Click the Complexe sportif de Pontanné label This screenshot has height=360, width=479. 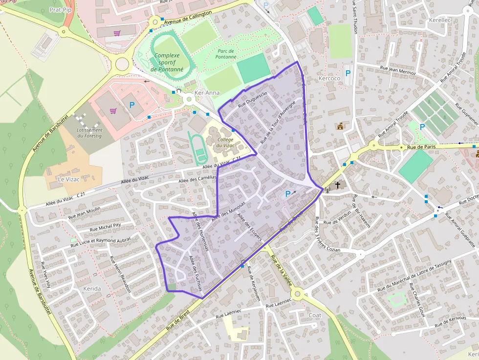pyautogui.click(x=167, y=63)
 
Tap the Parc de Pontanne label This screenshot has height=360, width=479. pyautogui.click(x=226, y=54)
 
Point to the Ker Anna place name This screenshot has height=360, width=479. pyautogui.click(x=207, y=93)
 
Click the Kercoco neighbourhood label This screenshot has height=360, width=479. pyautogui.click(x=329, y=79)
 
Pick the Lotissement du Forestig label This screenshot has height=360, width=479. pyautogui.click(x=89, y=133)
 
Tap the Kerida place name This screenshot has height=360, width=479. pyautogui.click(x=92, y=289)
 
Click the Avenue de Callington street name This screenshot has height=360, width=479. pyautogui.click(x=188, y=18)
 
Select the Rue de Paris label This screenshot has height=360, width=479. pyautogui.click(x=421, y=147)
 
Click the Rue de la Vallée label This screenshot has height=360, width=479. pyautogui.click(x=281, y=273)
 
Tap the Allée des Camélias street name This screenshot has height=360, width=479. pyautogui.click(x=197, y=180)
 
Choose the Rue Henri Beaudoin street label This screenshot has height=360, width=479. pyautogui.click(x=121, y=274)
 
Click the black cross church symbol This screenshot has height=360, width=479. pyautogui.click(x=338, y=185)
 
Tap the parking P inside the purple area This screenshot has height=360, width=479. pyautogui.click(x=288, y=194)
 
